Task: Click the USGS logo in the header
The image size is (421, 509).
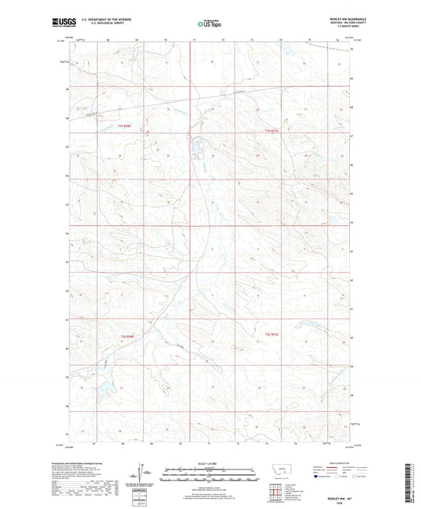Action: click(x=60, y=23)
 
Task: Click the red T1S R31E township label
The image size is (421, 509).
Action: click(x=273, y=130)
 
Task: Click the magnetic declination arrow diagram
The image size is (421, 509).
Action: click(x=145, y=474)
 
